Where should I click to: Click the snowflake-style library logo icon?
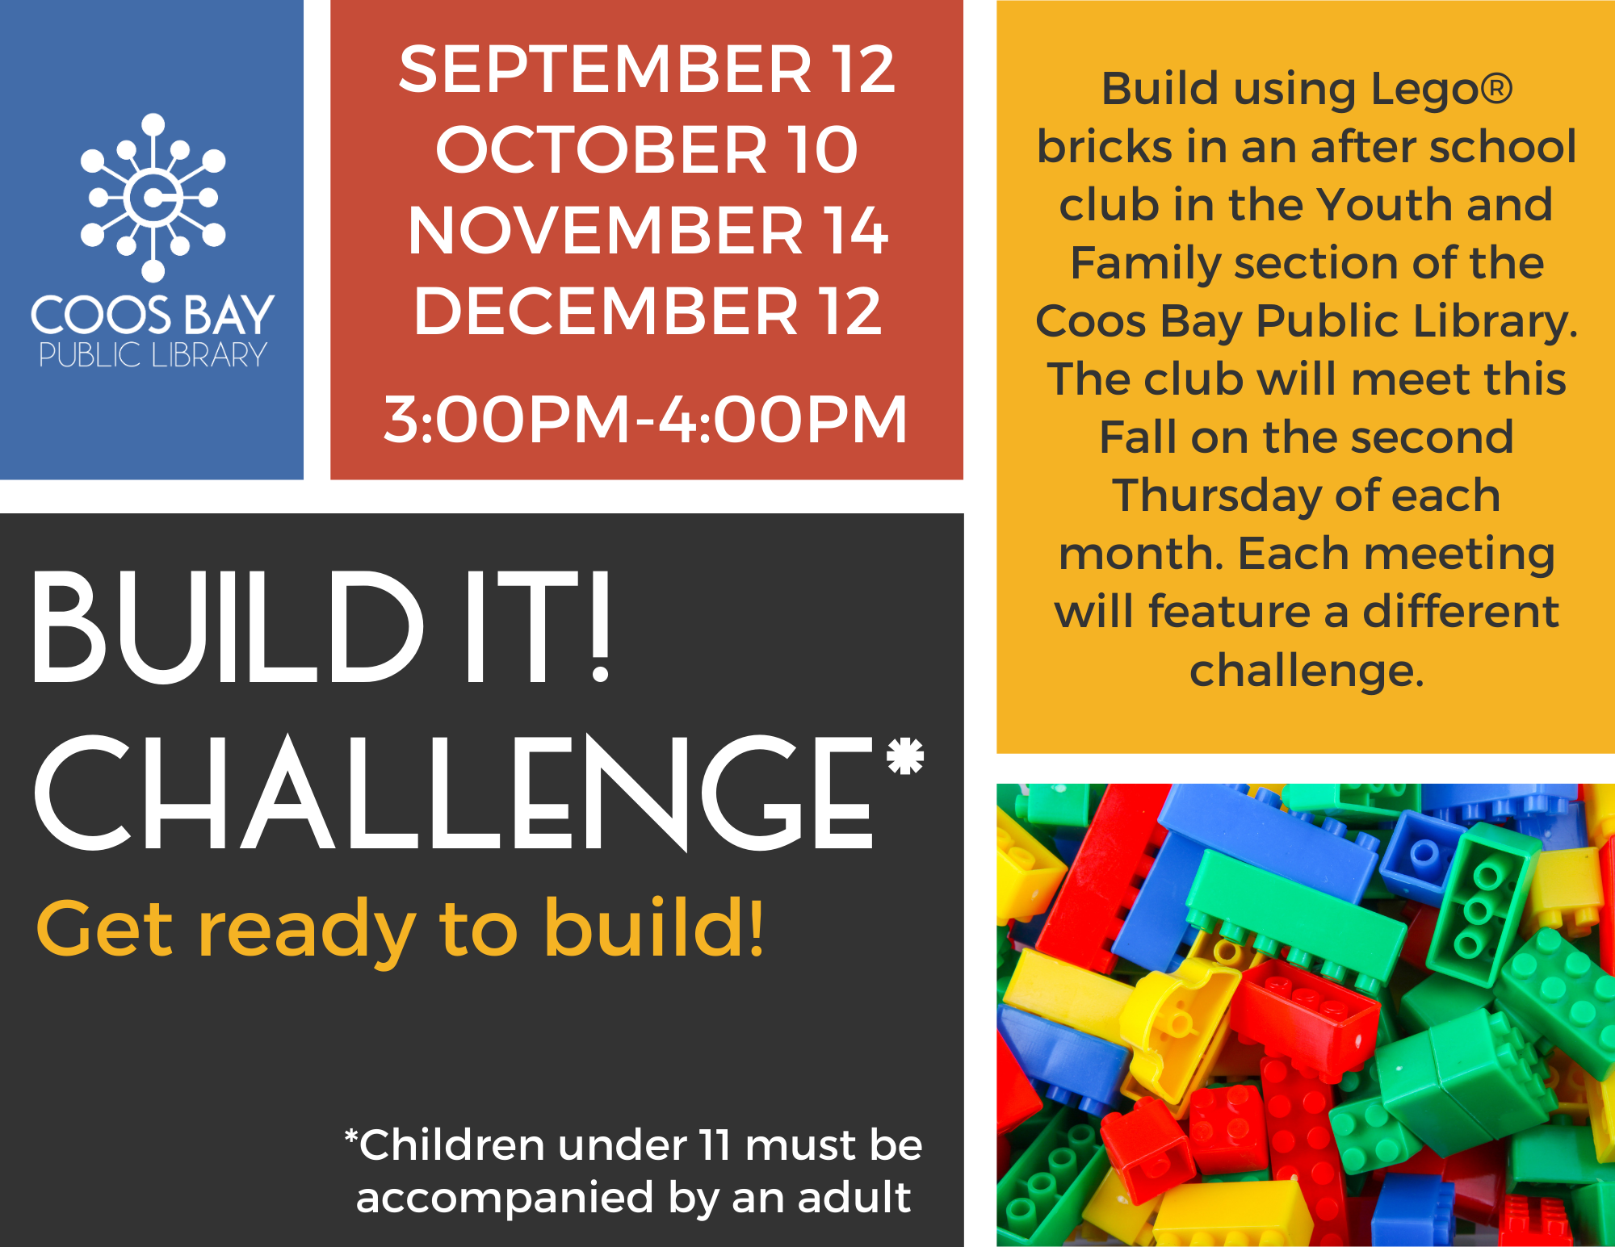pyautogui.click(x=153, y=197)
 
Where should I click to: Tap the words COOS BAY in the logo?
pyautogui.click(x=153, y=315)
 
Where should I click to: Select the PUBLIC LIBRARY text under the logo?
pyautogui.click(x=153, y=355)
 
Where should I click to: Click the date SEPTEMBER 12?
pyautogui.click(x=647, y=69)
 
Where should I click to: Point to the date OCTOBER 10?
pyautogui.click(x=647, y=150)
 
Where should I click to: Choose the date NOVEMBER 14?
pyautogui.click(x=648, y=231)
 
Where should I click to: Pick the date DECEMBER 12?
pyautogui.click(x=648, y=312)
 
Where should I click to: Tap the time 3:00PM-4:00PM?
pyautogui.click(x=646, y=420)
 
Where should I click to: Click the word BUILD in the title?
pyautogui.click(x=229, y=627)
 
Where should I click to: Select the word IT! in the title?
pyautogui.click(x=539, y=627)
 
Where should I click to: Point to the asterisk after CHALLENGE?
pyautogui.click(x=905, y=755)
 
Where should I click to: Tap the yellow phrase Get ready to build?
pyautogui.click(x=400, y=931)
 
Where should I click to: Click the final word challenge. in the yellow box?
pyautogui.click(x=1307, y=671)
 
